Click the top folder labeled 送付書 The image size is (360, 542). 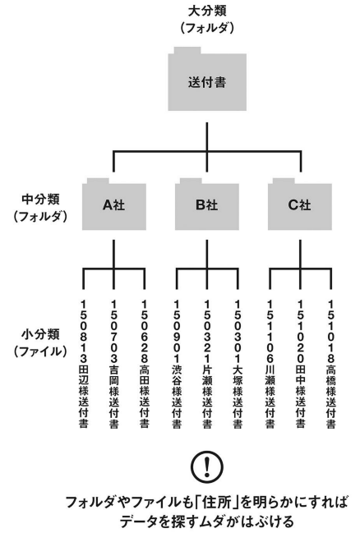point(207,82)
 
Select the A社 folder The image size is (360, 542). point(113,205)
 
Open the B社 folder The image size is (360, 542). point(207,205)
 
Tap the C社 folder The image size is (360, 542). point(300,205)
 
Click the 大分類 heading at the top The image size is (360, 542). point(207,11)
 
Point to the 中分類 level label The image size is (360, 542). point(40,200)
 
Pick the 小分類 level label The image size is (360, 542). point(40,334)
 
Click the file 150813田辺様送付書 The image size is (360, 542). point(83,364)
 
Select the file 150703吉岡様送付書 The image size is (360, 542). point(113,364)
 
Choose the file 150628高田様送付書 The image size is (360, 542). point(144,364)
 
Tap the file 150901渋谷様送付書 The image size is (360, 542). point(177,364)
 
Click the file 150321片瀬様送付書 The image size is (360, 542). point(207,364)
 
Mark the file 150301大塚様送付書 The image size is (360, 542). point(238,364)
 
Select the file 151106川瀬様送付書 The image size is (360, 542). point(270,364)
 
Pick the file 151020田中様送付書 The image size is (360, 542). point(300,364)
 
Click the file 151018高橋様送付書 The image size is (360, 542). point(330,364)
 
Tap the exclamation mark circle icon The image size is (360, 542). point(207,467)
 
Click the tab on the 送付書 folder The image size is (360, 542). point(187,50)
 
